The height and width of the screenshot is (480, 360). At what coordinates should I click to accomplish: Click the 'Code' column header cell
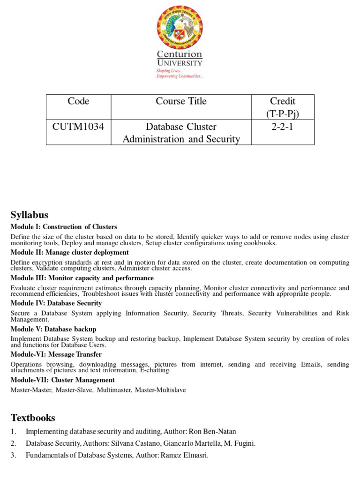coord(78,101)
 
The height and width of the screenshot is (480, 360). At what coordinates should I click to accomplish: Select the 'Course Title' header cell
coord(181,101)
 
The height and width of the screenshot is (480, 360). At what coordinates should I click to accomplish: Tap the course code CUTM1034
coord(78,127)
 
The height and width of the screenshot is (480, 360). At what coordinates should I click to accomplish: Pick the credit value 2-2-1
coord(282,127)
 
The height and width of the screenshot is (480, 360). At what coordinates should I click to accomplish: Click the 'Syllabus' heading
coord(30,215)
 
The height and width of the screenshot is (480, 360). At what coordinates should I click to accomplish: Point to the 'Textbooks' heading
coord(33,418)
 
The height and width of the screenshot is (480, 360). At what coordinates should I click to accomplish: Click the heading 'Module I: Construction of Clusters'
coord(64,227)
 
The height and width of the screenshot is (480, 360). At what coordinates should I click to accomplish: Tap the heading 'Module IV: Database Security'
coord(56,303)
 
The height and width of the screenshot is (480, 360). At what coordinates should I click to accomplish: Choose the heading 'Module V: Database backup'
coord(53,329)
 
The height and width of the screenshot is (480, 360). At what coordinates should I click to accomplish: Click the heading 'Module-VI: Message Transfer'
coord(56,354)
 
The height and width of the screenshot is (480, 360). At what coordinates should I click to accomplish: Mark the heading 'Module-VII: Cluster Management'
coord(62,380)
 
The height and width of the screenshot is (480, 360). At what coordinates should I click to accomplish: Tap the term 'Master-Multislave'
coord(160,390)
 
